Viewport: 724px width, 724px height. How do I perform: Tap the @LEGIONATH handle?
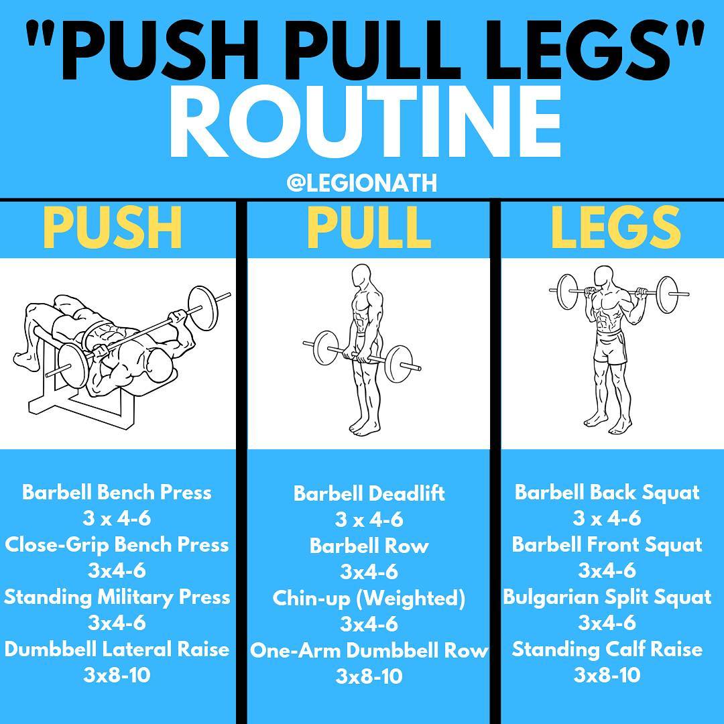361,183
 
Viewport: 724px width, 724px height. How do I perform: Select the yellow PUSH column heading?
113,228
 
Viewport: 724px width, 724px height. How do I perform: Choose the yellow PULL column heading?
369,228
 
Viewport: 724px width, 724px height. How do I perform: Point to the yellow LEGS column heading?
616,227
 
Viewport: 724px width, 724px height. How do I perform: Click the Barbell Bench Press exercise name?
117,493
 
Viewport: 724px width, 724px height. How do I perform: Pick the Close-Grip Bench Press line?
117,545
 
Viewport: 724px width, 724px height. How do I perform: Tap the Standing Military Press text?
117,597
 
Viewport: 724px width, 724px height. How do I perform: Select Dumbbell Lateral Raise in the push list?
117,649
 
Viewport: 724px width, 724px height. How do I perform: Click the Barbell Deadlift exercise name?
369,493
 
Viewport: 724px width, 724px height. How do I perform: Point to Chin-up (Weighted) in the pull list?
369,599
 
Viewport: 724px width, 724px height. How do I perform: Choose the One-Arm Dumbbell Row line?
369,650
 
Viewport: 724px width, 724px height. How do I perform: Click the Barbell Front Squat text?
607,545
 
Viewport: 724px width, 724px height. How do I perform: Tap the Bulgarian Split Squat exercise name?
607,597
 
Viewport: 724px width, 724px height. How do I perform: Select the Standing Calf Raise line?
607,650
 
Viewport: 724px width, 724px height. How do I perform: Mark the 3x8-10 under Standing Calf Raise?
607,675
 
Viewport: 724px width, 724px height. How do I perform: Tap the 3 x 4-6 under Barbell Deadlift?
369,520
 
